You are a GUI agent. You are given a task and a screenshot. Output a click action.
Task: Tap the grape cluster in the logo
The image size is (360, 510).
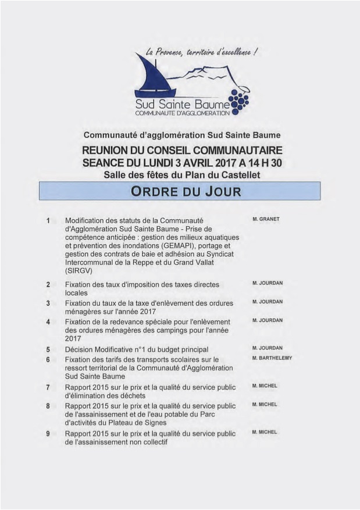point(238,101)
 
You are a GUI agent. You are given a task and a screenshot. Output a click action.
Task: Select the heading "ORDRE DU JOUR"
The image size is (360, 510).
point(180,191)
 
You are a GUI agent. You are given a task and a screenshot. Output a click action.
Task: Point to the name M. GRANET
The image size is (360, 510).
point(266,220)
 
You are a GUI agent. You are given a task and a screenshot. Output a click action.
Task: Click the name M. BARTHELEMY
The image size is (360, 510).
point(272,358)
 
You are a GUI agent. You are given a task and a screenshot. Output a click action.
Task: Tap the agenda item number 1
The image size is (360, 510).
point(48,221)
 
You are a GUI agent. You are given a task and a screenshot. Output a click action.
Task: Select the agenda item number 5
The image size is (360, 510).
point(48,349)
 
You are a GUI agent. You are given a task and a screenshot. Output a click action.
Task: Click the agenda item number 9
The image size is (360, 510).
point(48,433)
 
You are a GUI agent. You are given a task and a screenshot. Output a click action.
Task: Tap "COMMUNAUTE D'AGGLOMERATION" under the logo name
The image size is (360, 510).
point(182,113)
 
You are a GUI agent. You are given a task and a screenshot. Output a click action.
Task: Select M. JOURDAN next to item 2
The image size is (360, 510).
point(268,283)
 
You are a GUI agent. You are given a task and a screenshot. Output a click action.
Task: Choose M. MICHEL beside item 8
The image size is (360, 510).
point(265,404)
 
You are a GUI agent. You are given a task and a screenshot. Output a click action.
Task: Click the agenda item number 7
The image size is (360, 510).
point(48,387)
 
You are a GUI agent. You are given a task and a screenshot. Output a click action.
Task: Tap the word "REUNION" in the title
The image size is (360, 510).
point(108,151)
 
